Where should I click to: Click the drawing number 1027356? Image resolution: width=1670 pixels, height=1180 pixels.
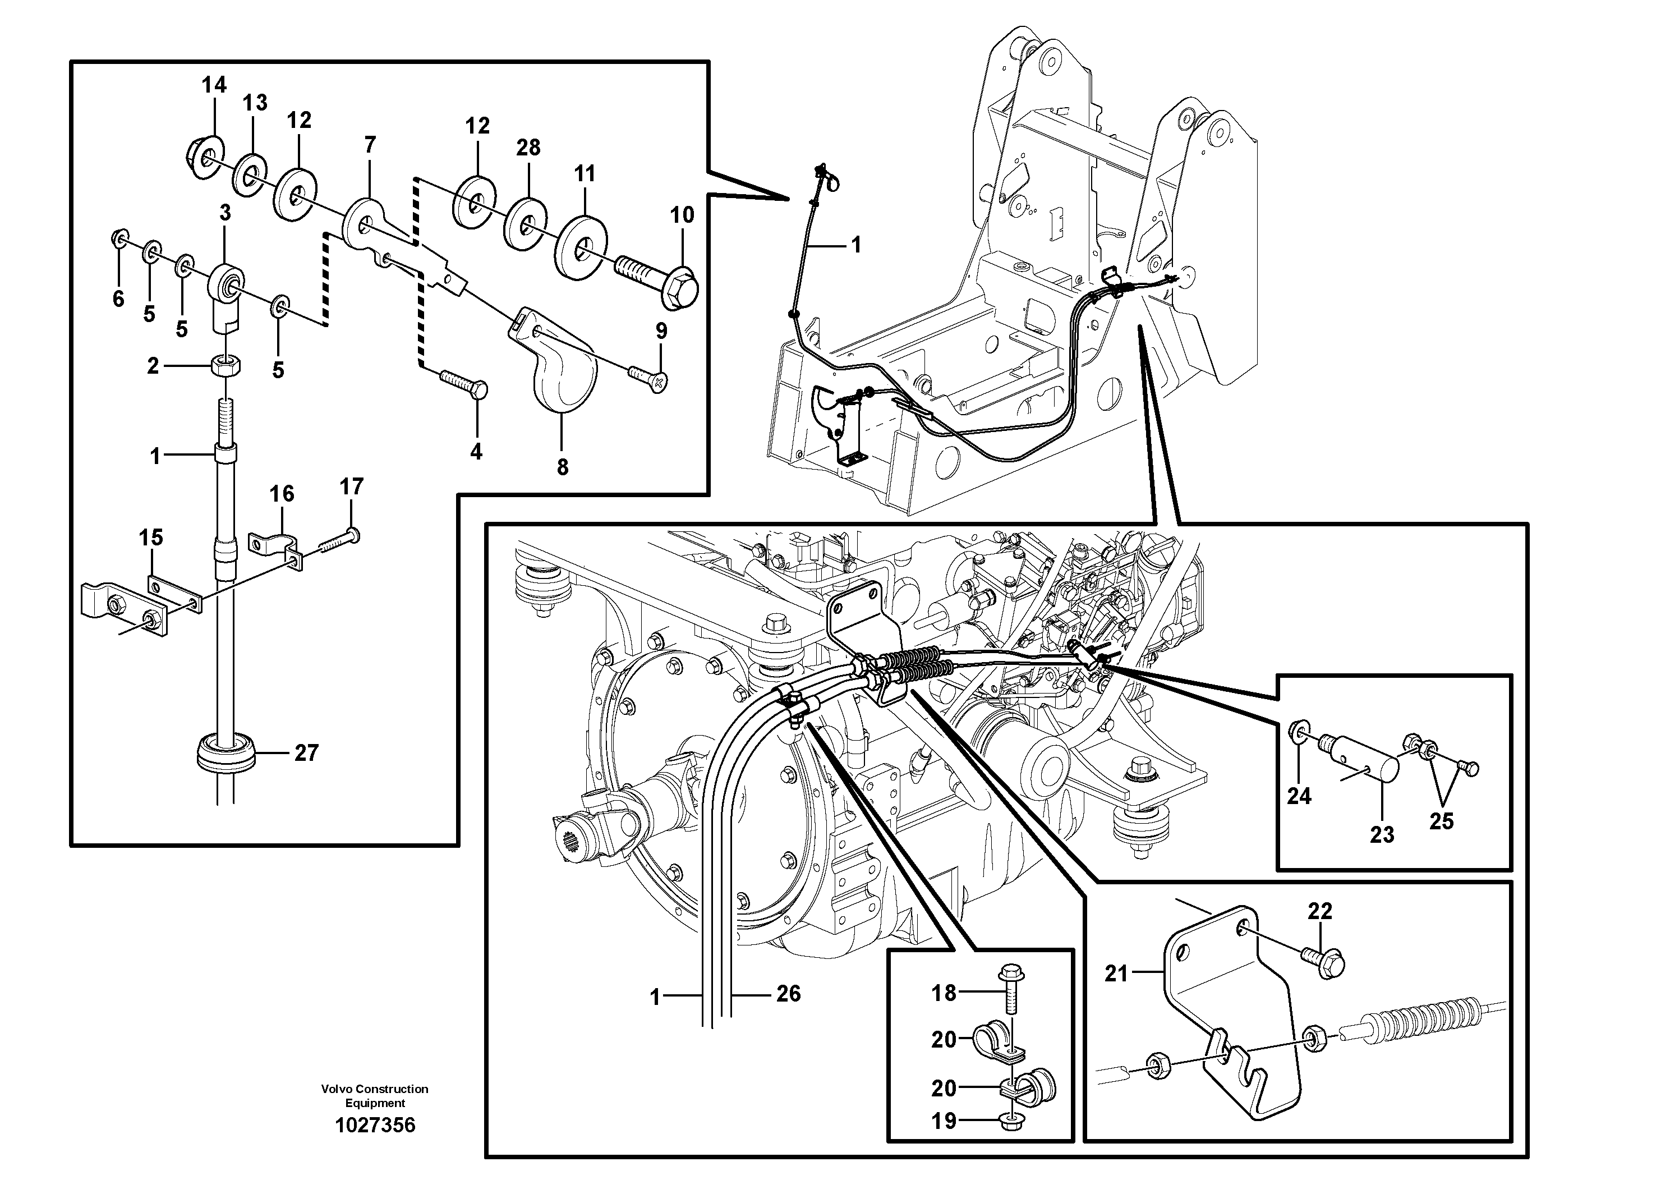375,1126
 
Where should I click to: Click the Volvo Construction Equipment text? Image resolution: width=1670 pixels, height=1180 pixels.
375,1096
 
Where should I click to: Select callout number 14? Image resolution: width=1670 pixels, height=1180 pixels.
214,85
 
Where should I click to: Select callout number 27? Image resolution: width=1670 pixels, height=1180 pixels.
306,752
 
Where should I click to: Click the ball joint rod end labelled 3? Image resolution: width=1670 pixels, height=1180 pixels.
227,292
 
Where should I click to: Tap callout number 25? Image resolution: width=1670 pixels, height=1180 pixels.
1441,821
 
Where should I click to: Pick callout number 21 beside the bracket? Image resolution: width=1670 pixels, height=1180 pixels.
1116,972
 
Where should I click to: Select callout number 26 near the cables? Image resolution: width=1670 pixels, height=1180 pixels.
788,994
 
